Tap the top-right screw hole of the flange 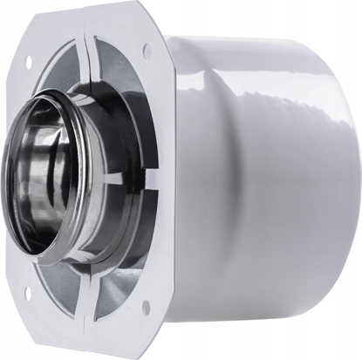click(x=146, y=51)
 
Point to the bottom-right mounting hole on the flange click(x=145, y=307)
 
